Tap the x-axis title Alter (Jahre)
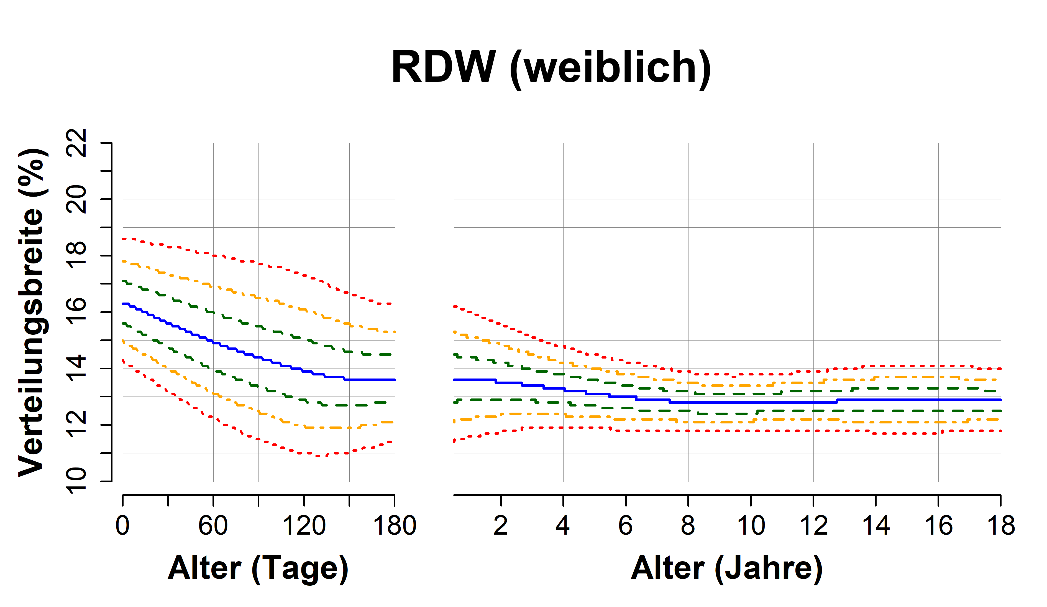coord(727,568)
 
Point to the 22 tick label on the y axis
coord(77,143)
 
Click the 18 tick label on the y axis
coord(77,255)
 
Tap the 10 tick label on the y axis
coord(77,481)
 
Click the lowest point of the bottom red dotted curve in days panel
coord(320,456)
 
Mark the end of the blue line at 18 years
coord(1000,400)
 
